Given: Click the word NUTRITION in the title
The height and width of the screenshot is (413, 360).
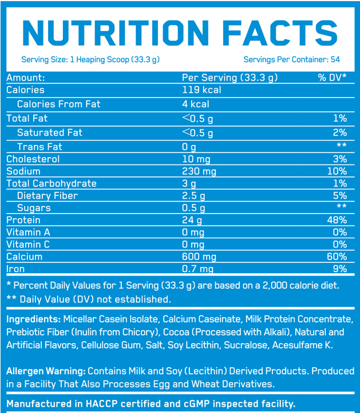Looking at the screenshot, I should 114,32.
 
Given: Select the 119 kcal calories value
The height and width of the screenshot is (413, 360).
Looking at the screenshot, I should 201,90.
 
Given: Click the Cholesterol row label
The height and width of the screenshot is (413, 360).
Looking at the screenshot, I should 33,159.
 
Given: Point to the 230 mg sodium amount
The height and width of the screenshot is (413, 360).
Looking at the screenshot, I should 199,171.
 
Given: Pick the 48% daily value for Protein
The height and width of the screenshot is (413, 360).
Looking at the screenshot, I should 337,220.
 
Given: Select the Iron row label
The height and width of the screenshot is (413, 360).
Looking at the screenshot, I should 15,269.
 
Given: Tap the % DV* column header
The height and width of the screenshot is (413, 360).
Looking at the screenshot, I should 333,78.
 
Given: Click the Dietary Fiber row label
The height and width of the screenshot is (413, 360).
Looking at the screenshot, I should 48,196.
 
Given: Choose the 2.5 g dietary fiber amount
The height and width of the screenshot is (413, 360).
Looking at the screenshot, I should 194,196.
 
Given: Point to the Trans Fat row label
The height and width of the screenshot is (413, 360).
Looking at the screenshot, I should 39,147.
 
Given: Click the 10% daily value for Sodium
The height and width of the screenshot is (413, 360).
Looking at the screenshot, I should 337,171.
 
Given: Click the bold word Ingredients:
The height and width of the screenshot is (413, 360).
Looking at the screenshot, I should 33,319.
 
